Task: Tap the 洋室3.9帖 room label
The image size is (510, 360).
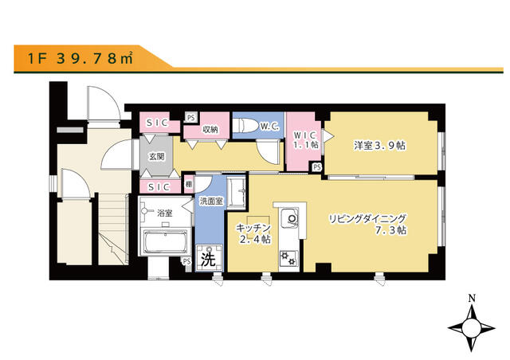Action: pos(379,146)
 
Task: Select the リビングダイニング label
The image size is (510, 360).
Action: pos(367,218)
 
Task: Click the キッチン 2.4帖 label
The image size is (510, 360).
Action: pos(253,233)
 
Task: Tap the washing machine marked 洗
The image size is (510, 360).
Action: pos(209,258)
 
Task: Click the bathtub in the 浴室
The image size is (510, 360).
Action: pos(166,242)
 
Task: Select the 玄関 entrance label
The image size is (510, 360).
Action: pos(156,157)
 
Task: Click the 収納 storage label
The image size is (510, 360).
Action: pos(210,130)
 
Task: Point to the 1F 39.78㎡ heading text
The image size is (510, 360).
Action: pos(80,58)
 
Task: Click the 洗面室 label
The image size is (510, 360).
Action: pos(211,201)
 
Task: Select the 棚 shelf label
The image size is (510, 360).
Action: pos(189,185)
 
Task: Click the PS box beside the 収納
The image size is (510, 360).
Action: pos(191,117)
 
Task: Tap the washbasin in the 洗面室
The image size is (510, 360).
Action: pos(236,191)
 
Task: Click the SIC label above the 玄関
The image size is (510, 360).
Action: pos(157,123)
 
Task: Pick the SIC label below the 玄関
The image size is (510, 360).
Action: pos(159,187)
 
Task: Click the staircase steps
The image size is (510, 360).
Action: pos(112,228)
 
